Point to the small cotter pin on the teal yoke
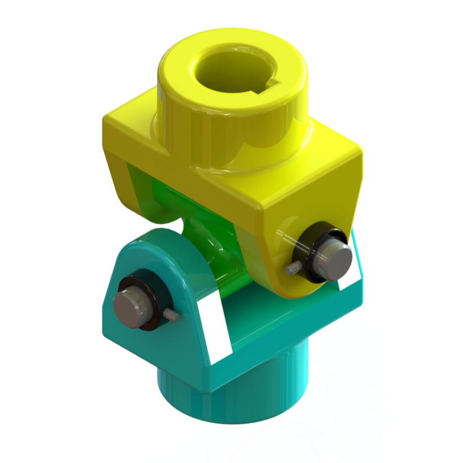tap(172, 315)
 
